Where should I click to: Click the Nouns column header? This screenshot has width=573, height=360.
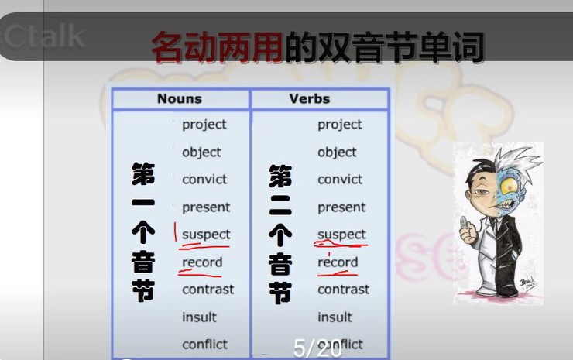(179, 99)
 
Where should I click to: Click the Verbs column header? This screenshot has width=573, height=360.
(310, 99)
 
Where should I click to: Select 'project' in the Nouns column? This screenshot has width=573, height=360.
(204, 125)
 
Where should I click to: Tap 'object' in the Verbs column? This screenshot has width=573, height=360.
(337, 153)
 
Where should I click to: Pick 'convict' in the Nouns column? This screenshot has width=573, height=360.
(204, 180)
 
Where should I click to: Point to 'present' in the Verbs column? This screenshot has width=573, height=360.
(341, 207)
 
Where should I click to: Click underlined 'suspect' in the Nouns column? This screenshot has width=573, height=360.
(206, 235)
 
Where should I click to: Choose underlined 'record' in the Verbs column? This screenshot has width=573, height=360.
(338, 262)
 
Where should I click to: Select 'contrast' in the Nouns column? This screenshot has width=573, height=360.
(208, 290)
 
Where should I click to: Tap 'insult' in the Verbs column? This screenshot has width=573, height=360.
(335, 317)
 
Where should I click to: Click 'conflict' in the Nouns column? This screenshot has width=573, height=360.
(204, 345)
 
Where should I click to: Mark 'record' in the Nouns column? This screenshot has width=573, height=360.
(202, 262)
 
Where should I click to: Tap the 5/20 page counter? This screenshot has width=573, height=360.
(317, 349)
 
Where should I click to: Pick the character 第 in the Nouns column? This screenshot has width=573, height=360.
(143, 175)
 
